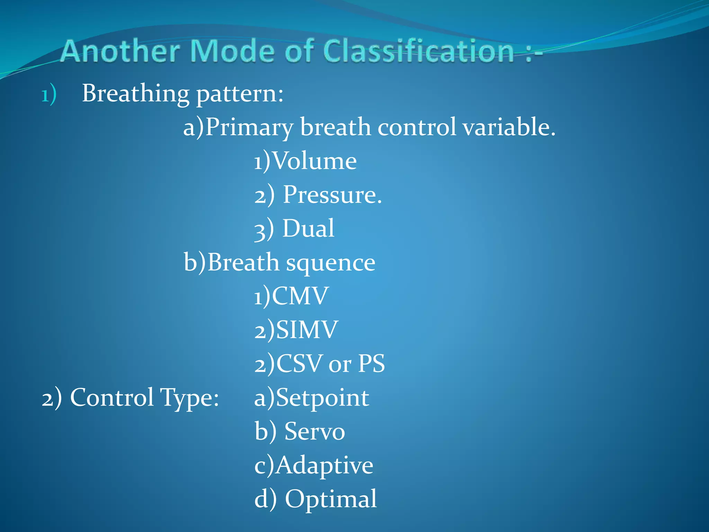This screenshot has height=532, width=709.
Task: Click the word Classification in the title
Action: [x=419, y=51]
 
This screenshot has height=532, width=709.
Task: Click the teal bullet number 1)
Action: [x=49, y=94]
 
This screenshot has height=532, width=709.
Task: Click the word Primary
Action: [x=249, y=127]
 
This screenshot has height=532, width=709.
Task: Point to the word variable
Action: [x=509, y=127]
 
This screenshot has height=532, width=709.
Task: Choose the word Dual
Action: [x=308, y=229]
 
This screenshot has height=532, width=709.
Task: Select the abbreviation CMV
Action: [x=300, y=296]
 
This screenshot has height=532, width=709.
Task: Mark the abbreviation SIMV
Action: [x=307, y=330]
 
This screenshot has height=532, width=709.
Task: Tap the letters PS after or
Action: [x=371, y=364]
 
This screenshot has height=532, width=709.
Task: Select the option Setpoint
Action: [x=322, y=398]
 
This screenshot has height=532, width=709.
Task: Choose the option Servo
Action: [x=314, y=432]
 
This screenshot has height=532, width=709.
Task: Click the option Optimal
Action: [x=330, y=499]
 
